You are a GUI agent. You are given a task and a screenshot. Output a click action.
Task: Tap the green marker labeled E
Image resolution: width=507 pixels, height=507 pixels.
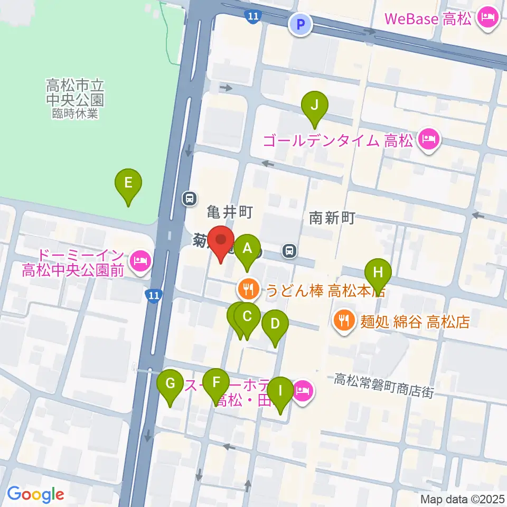(128, 184)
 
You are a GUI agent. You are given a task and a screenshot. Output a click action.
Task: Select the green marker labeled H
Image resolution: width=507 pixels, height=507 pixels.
(378, 274)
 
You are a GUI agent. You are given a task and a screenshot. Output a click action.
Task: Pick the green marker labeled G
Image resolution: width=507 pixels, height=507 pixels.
(170, 384)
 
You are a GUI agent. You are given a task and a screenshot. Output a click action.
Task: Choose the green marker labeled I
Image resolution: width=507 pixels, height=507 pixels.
(280, 392)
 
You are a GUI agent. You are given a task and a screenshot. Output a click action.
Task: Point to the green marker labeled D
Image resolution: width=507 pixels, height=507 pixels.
(275, 324)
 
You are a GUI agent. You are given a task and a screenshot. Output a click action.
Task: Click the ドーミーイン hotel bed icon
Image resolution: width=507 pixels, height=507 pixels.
(140, 260)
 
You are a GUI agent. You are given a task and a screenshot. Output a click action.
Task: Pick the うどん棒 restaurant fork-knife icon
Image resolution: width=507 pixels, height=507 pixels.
(247, 289)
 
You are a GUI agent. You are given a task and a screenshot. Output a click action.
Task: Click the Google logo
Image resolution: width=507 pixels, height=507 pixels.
(35, 495)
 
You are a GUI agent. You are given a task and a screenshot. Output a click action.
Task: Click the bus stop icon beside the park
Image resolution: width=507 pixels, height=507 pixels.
(189, 199)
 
